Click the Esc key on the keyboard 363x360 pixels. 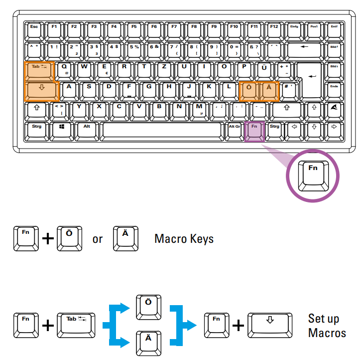(34, 29)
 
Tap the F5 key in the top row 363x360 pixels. (134, 29)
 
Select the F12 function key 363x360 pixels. (274, 29)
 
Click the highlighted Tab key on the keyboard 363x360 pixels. (39, 70)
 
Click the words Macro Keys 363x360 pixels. (184, 239)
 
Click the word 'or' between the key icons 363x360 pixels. (98, 239)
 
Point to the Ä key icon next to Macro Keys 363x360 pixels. (125, 237)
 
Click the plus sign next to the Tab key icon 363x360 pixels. (48, 326)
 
